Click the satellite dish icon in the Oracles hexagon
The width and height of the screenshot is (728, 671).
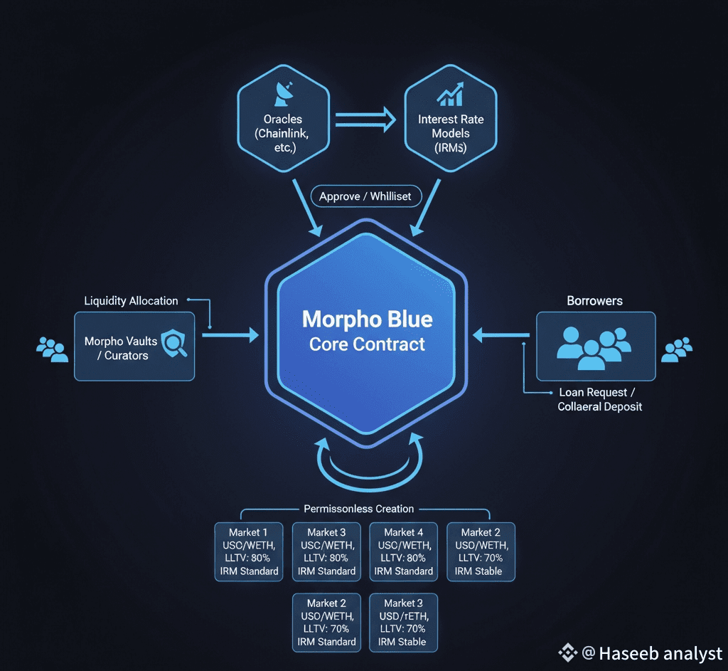pyautogui.click(x=283, y=93)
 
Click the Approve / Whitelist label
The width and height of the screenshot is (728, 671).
pyautogui.click(x=365, y=196)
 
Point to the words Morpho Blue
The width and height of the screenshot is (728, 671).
pyautogui.click(x=367, y=318)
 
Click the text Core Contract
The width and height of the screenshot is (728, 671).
pyautogui.click(x=367, y=344)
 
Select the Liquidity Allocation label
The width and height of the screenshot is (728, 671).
pyautogui.click(x=131, y=301)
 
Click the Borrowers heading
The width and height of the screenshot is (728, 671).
pyautogui.click(x=594, y=301)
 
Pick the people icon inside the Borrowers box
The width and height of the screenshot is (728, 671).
pyautogui.click(x=594, y=346)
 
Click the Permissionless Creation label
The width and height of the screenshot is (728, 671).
pyautogui.click(x=358, y=509)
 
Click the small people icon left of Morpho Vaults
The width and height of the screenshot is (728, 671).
pyautogui.click(x=51, y=347)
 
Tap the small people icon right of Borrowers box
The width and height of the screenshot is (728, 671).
pyautogui.click(x=677, y=349)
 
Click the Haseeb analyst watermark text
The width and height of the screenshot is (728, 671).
pyautogui.click(x=650, y=653)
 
